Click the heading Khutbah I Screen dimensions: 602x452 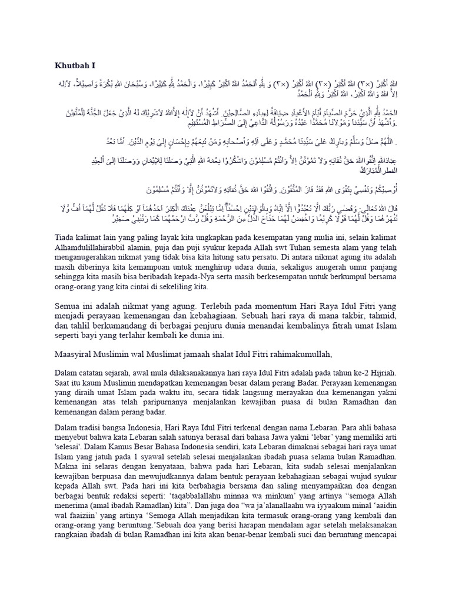pyautogui.click(x=75, y=66)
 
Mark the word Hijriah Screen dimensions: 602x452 pyautogui.click(x=383, y=373)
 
